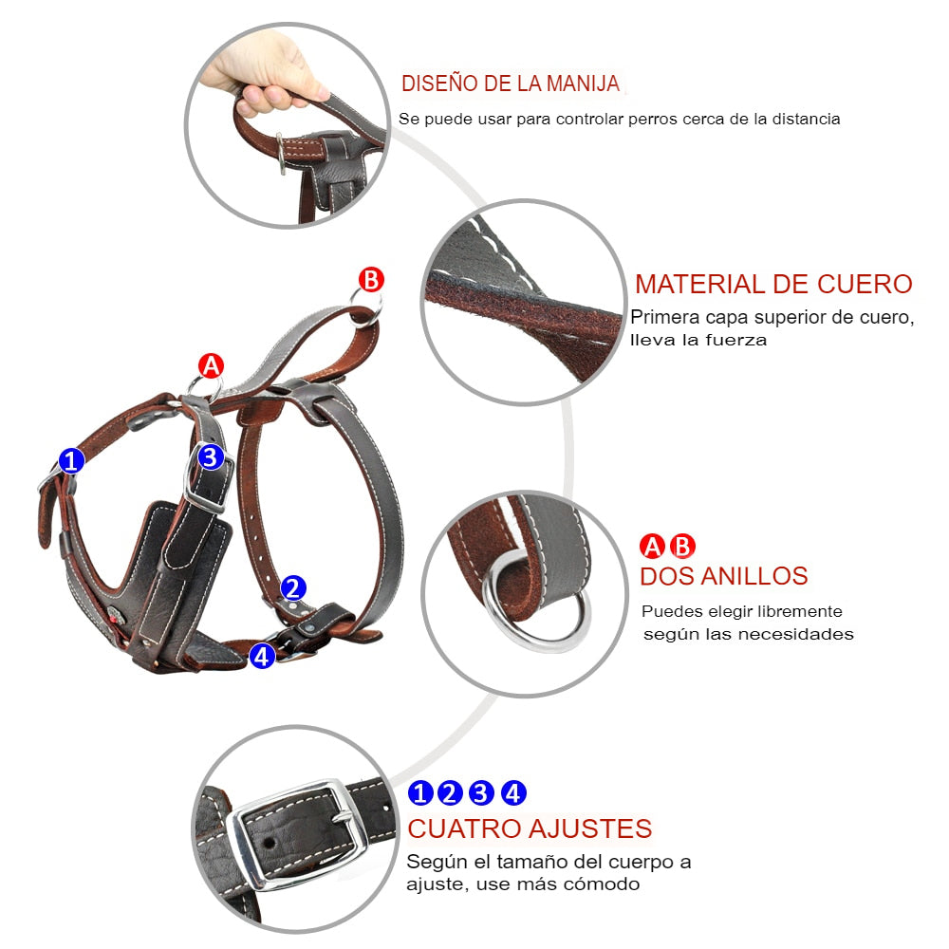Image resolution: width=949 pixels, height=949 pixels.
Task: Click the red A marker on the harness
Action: (x=212, y=365)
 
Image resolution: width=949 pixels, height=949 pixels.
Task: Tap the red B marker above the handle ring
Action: (x=371, y=280)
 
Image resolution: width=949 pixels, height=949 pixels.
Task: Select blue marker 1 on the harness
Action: (x=71, y=460)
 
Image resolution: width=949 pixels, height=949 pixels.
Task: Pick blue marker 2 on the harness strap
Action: (x=293, y=587)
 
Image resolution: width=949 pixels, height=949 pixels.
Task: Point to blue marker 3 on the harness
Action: (x=211, y=457)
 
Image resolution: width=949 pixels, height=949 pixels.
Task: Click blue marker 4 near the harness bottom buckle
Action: (x=262, y=656)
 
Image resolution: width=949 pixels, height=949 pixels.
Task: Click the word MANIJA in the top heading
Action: (x=583, y=84)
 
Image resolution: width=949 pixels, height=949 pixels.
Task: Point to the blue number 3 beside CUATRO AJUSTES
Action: (x=481, y=792)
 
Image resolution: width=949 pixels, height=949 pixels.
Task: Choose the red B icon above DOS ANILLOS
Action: (x=682, y=546)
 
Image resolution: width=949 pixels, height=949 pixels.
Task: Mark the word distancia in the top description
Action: (x=806, y=119)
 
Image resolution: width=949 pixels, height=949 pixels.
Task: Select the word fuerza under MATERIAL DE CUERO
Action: (x=736, y=340)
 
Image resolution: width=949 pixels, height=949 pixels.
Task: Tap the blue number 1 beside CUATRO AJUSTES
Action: (x=421, y=792)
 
